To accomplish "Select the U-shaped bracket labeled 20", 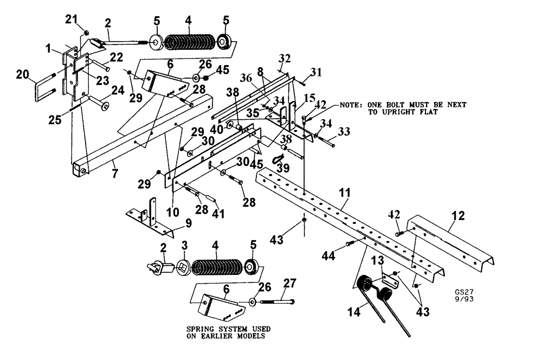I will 45,90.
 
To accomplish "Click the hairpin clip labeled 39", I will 278,158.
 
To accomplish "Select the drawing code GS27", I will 464,290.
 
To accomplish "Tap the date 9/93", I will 464,298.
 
